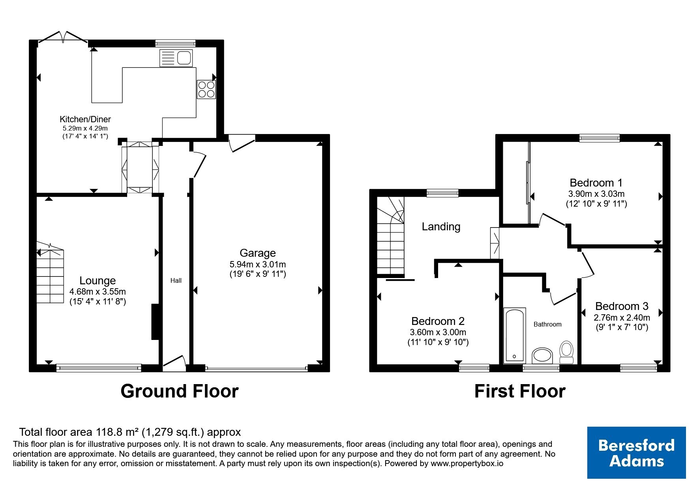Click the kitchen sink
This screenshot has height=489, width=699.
[176, 58]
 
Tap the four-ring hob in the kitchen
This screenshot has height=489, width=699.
[206, 90]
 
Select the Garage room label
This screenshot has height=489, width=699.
[258, 253]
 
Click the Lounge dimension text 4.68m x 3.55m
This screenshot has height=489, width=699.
[97, 292]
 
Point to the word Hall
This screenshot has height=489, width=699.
[176, 281]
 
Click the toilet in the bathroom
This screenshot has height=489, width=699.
[567, 352]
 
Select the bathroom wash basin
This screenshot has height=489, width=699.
[543, 356]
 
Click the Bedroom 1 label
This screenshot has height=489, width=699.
[596, 183]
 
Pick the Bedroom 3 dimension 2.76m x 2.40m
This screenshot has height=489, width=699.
[622, 317]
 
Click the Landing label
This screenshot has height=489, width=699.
[441, 227]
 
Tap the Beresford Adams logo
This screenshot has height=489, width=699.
[636, 453]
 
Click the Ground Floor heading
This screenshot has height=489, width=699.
[180, 391]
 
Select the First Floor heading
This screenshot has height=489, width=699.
[520, 391]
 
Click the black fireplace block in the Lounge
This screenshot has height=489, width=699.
[154, 322]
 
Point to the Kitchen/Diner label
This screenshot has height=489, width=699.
[85, 119]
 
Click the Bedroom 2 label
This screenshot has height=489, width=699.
[438, 321]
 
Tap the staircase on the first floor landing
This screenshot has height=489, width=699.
[391, 235]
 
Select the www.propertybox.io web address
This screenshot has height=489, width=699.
[467, 464]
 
